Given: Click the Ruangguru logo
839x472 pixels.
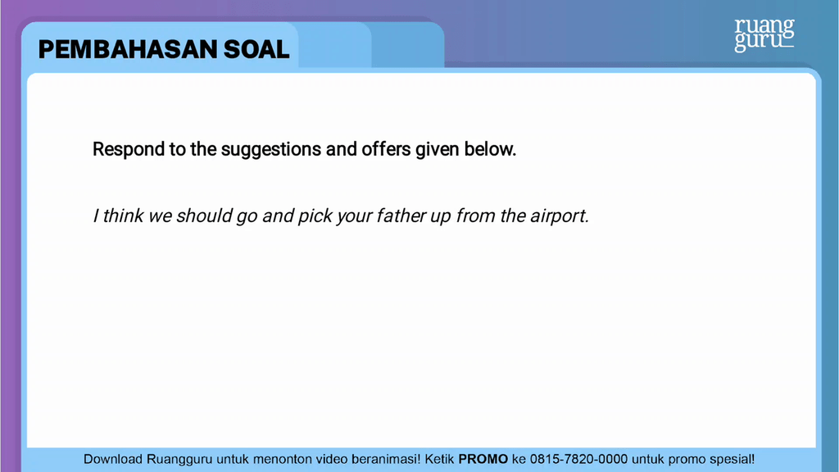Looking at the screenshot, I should (764, 34).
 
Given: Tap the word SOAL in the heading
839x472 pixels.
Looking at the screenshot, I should (257, 50).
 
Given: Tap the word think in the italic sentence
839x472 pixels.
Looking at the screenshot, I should (124, 216).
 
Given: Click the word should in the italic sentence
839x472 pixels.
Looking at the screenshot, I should (204, 216).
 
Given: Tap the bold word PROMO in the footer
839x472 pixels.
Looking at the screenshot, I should (483, 460).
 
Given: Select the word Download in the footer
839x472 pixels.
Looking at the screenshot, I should (114, 460).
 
